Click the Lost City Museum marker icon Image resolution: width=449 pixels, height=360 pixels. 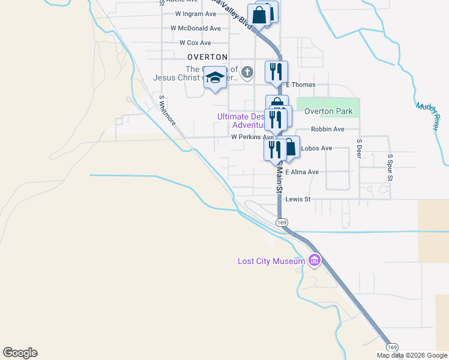click(314, 260)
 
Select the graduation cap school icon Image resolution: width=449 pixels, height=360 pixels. click(215, 78)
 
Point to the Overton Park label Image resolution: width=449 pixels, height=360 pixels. click(328, 111)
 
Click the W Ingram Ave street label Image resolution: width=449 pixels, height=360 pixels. click(195, 13)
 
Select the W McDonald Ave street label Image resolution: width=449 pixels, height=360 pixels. click(195, 28)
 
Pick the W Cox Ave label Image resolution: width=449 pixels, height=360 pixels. click(195, 43)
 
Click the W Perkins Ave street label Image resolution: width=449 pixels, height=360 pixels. click(252, 137)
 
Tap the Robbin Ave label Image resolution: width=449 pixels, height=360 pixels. click(327, 129)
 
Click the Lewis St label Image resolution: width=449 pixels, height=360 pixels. click(298, 199)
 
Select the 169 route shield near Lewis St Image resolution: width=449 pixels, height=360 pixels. click(282, 222)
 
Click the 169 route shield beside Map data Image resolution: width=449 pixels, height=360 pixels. click(392, 347)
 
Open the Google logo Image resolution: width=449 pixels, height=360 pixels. click(20, 353)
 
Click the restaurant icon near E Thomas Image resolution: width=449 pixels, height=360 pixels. click(276, 71)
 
